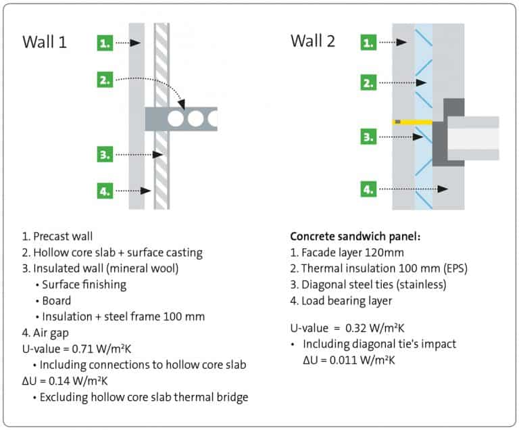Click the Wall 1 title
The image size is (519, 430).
point(45,42)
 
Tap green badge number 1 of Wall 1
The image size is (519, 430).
point(104,43)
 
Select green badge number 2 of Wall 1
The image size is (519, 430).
point(104,80)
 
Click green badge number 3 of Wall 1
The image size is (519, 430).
point(104,155)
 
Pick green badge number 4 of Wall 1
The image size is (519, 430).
point(104,191)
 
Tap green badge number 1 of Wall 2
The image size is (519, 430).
point(368,43)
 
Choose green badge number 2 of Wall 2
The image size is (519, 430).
point(368,83)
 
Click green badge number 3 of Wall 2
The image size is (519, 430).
point(368,137)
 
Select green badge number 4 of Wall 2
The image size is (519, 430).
point(368,189)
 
